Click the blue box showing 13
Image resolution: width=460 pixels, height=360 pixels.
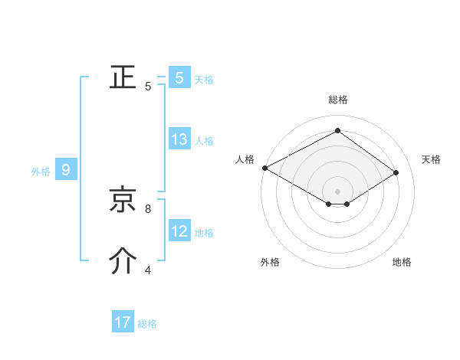click(179, 139)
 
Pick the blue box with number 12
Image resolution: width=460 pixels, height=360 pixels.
click(179, 231)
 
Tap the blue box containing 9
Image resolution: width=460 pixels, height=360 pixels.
click(66, 170)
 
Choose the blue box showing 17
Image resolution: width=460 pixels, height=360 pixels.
click(122, 322)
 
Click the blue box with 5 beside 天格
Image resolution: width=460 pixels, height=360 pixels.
click(179, 77)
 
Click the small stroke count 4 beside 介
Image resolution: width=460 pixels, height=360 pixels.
click(148, 270)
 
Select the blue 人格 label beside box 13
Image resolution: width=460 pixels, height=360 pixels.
click(204, 141)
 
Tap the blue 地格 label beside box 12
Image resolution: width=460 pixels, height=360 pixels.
click(204, 233)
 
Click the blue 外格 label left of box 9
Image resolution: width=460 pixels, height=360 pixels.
click(41, 172)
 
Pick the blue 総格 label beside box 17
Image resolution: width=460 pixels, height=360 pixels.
click(147, 324)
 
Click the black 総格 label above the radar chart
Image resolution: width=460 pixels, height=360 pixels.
click(337, 100)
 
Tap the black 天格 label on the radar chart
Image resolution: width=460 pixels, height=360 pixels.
click(432, 159)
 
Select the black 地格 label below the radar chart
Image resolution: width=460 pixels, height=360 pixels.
click(402, 262)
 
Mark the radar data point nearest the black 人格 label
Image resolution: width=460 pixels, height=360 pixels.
click(264, 168)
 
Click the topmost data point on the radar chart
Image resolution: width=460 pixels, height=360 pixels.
click(337, 131)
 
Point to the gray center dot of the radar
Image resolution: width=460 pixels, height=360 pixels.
click(337, 191)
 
